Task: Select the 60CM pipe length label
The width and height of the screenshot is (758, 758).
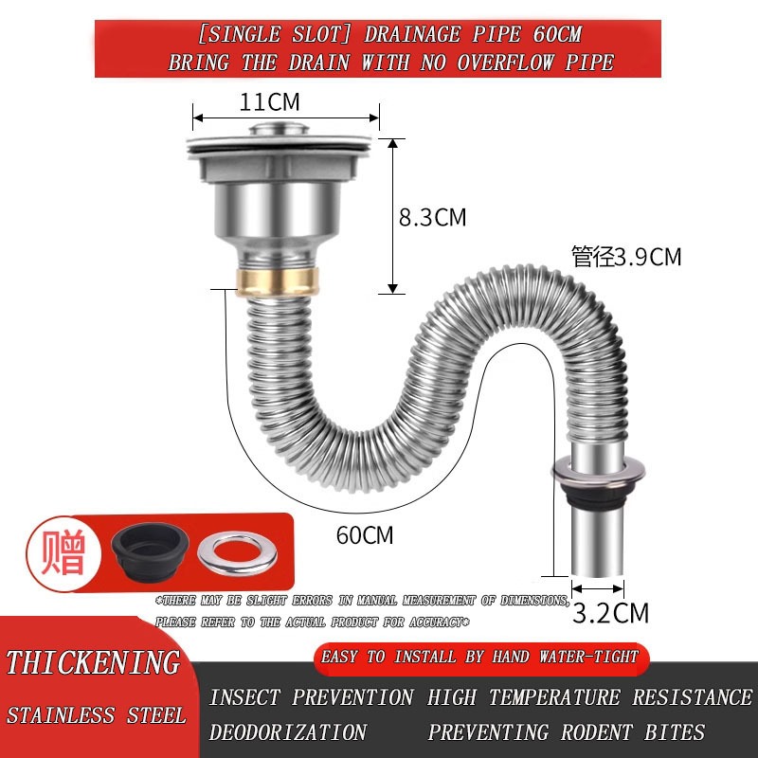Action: (365, 534)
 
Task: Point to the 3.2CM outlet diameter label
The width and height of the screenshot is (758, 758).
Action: (612, 612)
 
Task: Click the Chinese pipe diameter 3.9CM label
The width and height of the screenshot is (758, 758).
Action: (626, 257)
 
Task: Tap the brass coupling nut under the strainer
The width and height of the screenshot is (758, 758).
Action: (277, 280)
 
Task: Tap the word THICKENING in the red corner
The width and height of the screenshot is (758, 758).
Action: (92, 661)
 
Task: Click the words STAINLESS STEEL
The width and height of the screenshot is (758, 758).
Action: (96, 714)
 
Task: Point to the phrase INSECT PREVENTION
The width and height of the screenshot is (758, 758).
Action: (312, 697)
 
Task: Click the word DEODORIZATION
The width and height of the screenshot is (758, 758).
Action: (288, 732)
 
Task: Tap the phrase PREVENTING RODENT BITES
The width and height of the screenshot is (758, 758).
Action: (567, 732)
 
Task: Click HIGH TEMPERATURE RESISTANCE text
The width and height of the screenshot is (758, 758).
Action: (589, 697)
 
